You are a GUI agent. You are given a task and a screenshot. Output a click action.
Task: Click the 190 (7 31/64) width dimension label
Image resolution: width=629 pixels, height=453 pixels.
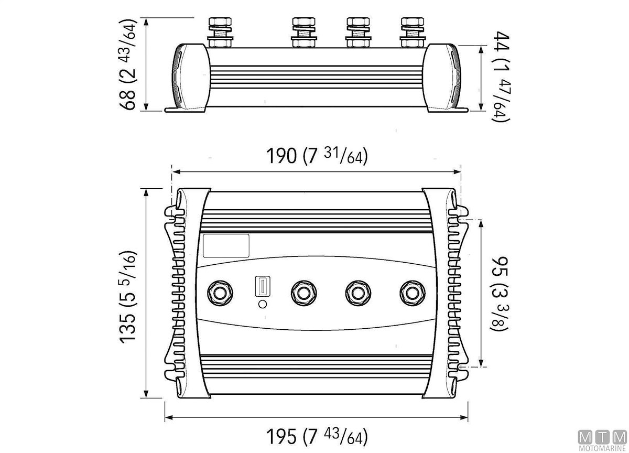(317, 156)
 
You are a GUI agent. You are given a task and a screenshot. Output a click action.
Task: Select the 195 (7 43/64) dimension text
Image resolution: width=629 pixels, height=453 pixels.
(317, 436)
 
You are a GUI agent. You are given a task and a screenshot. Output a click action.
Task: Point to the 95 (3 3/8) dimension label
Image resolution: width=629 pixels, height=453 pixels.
(500, 294)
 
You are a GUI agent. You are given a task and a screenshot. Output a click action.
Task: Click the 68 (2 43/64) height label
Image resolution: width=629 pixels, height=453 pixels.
(128, 64)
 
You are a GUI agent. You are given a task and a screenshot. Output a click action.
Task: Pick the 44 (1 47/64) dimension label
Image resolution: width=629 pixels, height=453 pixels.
(501, 77)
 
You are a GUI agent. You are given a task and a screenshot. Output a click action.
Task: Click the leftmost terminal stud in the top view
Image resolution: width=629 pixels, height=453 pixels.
(220, 294)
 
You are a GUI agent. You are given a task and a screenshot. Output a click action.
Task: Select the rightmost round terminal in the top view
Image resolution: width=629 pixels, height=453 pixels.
(413, 294)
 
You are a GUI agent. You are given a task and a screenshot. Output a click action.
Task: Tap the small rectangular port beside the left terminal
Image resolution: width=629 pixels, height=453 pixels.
(263, 286)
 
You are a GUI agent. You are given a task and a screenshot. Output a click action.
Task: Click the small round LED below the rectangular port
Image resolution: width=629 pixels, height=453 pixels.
(262, 304)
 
